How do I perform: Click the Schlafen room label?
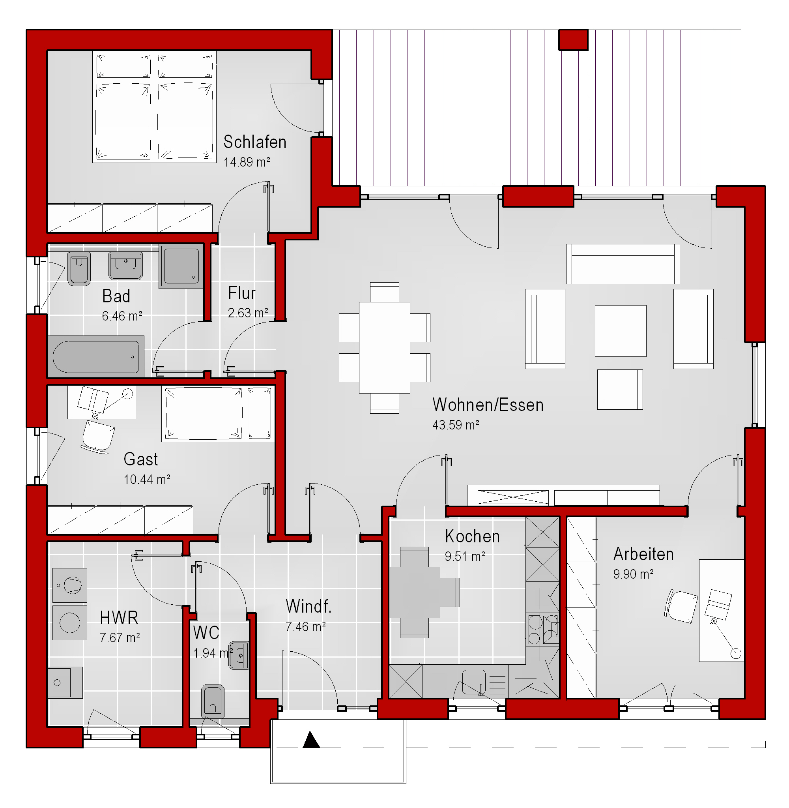pos(255,142)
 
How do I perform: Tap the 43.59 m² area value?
pos(456,425)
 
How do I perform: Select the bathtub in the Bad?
pos(96,357)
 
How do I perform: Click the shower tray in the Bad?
pos(181,266)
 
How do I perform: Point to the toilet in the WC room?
pos(213,701)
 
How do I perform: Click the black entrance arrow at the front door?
pos(311,740)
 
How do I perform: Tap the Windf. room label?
pos(309,607)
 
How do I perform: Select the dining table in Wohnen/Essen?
pos(385,347)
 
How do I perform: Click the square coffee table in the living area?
pos(620,331)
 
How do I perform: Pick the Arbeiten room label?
pos(643,554)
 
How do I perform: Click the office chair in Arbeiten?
pos(681,606)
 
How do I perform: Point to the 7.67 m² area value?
pos(120,637)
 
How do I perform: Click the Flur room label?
pos(241,293)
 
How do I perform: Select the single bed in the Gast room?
pos(218,413)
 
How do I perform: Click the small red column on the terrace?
pos(573,40)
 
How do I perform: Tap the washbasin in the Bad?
pos(125,266)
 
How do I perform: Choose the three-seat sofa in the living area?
pos(623,264)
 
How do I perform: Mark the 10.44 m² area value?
pos(147,480)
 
